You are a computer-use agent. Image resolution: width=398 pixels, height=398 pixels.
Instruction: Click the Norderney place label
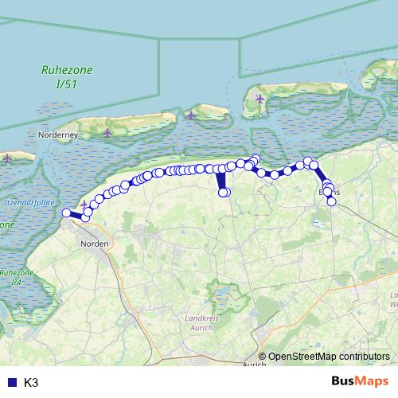coord(58,135)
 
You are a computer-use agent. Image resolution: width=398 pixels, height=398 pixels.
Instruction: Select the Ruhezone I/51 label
coord(68,76)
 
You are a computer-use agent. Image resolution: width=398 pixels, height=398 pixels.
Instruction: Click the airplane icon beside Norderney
coord(107,132)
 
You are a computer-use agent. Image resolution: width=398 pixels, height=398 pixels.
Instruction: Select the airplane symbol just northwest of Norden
coord(84,205)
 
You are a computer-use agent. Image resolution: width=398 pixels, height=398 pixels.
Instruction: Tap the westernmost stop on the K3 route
coord(67,213)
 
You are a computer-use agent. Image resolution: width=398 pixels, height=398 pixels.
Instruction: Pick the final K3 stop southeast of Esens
coord(332,201)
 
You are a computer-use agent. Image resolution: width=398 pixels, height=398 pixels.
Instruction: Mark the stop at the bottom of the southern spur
coord(224,192)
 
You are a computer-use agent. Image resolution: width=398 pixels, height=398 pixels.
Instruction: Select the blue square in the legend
coord(11,383)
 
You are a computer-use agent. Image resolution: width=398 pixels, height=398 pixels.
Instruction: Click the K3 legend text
coord(32,383)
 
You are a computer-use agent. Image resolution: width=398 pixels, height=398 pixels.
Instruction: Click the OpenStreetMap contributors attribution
coord(330,356)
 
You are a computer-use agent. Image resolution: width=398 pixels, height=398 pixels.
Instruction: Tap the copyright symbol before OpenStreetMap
coord(263,356)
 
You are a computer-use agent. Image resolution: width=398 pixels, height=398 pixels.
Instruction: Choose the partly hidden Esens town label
coord(329,193)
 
